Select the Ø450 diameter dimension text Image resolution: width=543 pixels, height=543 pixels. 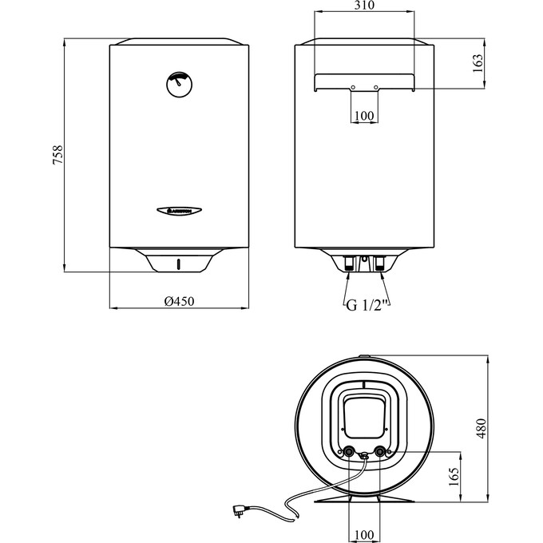pyautogui.click(x=180, y=301)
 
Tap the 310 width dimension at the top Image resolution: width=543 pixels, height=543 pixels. pyautogui.click(x=364, y=6)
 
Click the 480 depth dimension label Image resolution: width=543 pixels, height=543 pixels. pyautogui.click(x=479, y=430)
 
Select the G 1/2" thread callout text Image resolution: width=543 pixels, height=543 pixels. pyautogui.click(x=367, y=304)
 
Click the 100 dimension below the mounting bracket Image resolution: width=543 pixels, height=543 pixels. pyautogui.click(x=364, y=117)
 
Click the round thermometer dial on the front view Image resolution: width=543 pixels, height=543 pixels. pyautogui.click(x=179, y=83)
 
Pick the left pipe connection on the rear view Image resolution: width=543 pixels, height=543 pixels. pyautogui.click(x=349, y=262)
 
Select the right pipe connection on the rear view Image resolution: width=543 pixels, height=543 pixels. pyautogui.click(x=379, y=262)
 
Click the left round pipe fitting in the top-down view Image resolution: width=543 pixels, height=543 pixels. pyautogui.click(x=350, y=451)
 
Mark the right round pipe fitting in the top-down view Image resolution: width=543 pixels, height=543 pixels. pyautogui.click(x=379, y=451)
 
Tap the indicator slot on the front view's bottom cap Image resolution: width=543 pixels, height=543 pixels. pyautogui.click(x=179, y=263)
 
